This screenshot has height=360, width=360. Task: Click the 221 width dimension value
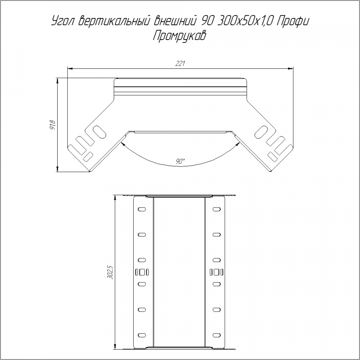(180, 64)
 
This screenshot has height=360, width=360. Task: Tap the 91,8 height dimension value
(52, 125)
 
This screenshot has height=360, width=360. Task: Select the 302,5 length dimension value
(110, 272)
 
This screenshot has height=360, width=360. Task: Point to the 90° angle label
(180, 162)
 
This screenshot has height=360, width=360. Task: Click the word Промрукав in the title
(180, 36)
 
